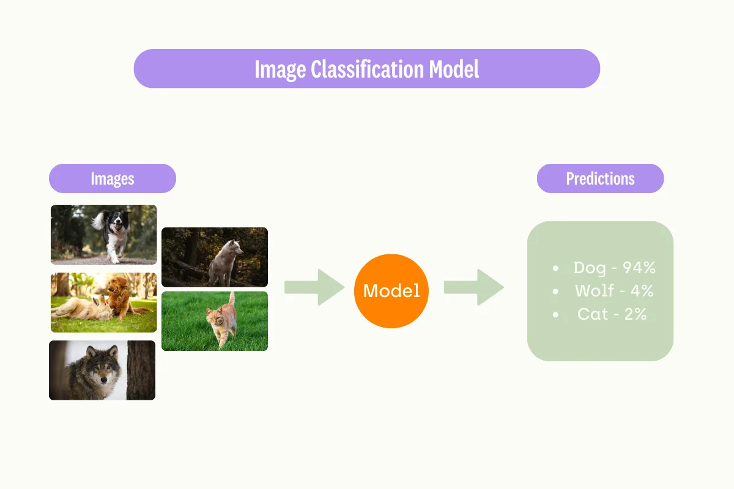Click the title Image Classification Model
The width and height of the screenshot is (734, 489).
tap(367, 69)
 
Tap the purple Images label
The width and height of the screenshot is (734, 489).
tap(113, 178)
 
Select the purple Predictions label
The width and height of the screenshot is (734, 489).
tap(600, 178)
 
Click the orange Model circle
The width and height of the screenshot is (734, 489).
tap(391, 291)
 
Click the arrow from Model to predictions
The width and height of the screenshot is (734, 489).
tap(473, 287)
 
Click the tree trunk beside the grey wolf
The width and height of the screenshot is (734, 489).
tap(141, 370)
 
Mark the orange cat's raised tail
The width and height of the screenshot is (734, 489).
tap(232, 300)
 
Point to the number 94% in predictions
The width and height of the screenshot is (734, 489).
tap(639, 267)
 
